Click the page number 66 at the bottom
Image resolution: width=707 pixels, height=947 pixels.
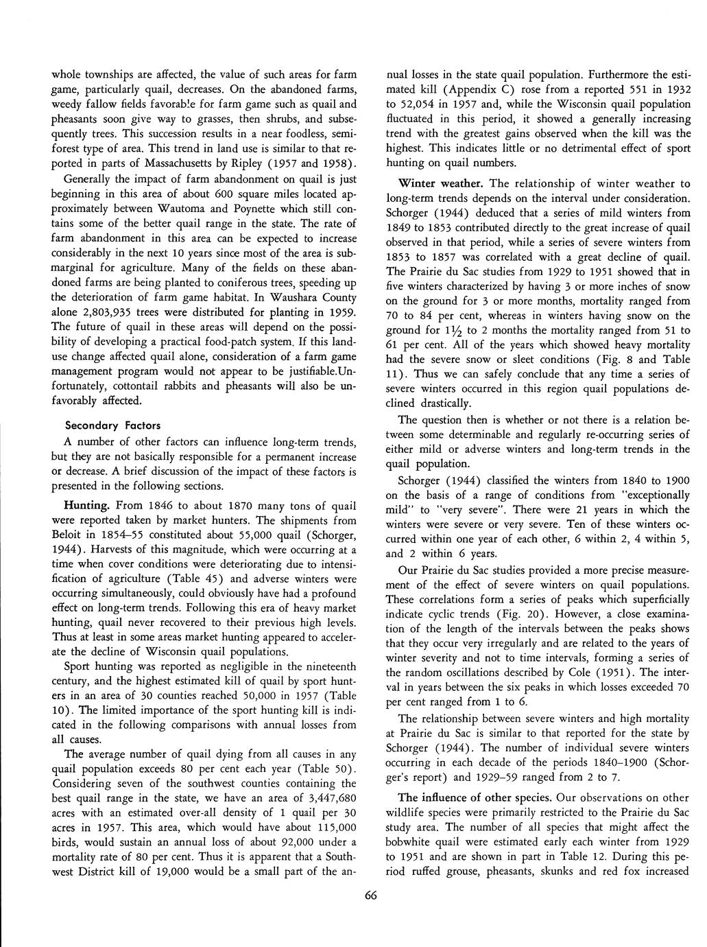tap(371, 896)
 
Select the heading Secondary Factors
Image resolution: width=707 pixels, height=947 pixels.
tap(112, 425)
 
